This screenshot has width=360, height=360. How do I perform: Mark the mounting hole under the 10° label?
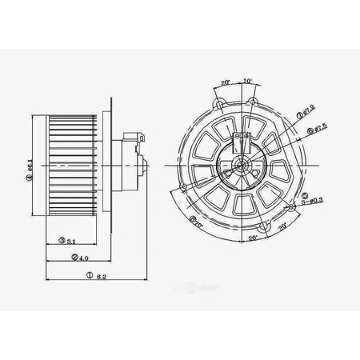[253, 102]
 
